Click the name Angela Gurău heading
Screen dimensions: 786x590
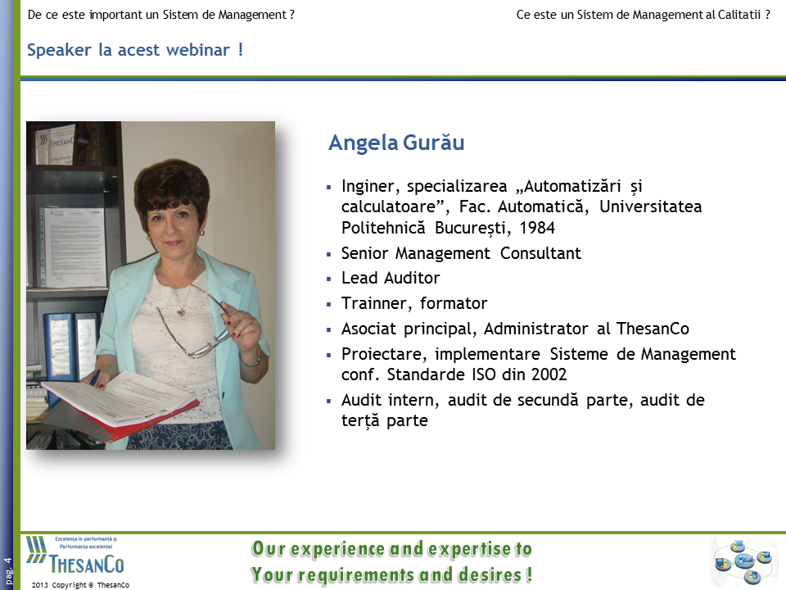pyautogui.click(x=396, y=143)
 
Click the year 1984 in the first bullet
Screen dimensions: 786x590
pyautogui.click(x=537, y=228)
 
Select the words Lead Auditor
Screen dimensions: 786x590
pyautogui.click(x=391, y=278)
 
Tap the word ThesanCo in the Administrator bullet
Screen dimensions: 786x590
pyautogui.click(x=653, y=329)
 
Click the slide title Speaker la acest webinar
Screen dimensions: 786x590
pyautogui.click(x=135, y=50)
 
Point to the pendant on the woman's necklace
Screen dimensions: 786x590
pyautogui.click(x=180, y=312)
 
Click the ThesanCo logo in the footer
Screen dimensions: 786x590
pyautogui.click(x=75, y=556)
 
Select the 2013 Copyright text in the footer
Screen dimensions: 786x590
pyautogui.click(x=80, y=585)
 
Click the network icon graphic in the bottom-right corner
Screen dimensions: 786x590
pyautogui.click(x=743, y=560)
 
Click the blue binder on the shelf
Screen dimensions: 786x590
pyautogui.click(x=58, y=346)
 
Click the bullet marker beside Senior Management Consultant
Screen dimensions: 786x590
pyautogui.click(x=329, y=254)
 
